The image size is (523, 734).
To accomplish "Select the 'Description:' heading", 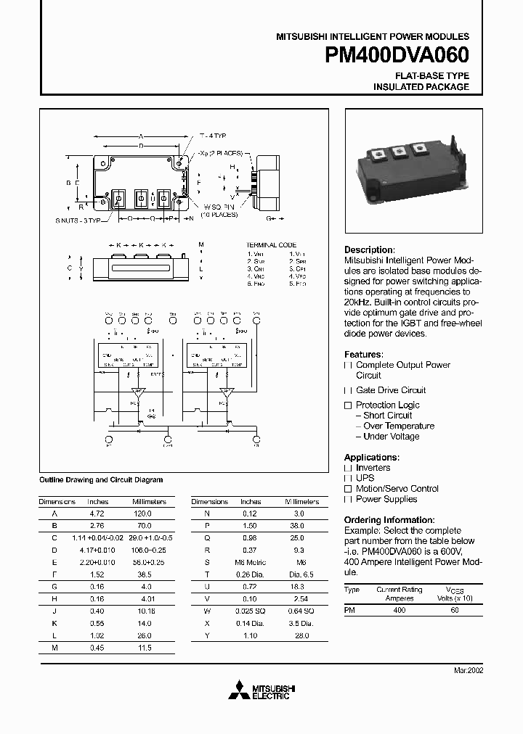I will click(x=369, y=250).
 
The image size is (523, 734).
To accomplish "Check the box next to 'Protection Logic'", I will click(x=348, y=405).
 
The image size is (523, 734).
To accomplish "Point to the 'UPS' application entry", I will click(x=365, y=479).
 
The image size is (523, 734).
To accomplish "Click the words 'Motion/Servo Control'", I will click(x=397, y=489).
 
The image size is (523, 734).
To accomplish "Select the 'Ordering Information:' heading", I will click(x=389, y=520).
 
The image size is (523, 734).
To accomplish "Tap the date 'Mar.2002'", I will click(x=469, y=671).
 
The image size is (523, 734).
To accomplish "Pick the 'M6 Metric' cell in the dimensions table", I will click(x=251, y=562).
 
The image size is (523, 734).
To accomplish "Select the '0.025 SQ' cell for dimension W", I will click(x=251, y=610).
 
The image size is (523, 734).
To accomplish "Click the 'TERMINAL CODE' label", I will click(x=271, y=245).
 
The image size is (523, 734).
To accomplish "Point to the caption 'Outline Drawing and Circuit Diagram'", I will click(x=100, y=480).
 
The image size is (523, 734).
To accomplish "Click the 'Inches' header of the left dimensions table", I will click(x=97, y=502).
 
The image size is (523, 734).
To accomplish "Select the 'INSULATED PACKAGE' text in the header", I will click(x=421, y=87).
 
